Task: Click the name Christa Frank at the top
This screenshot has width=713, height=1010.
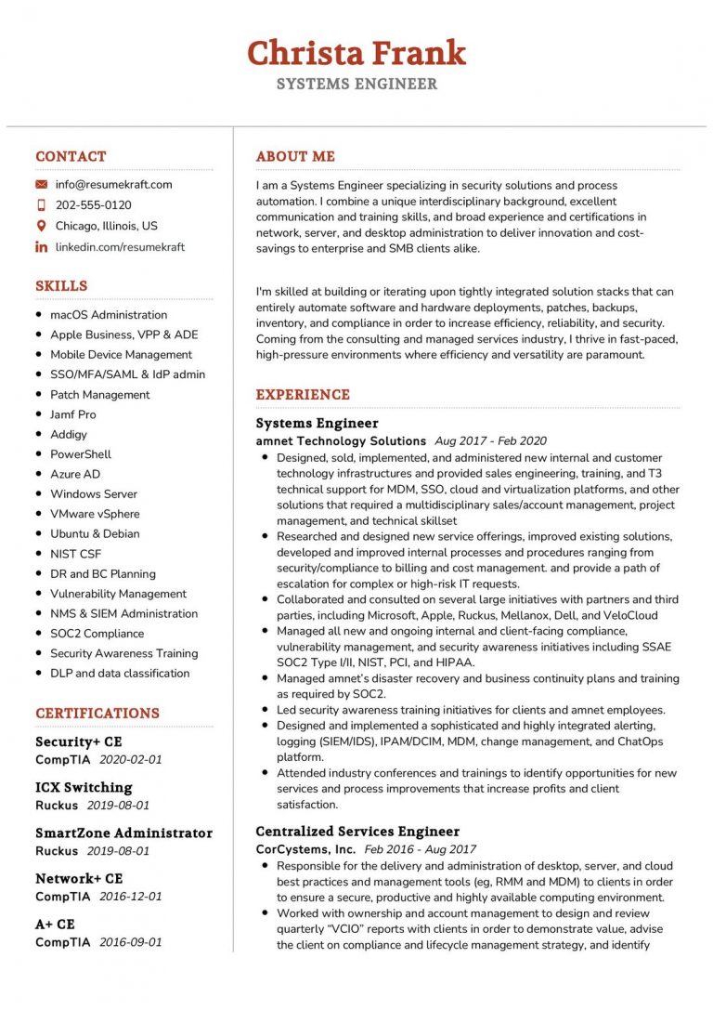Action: click(356, 53)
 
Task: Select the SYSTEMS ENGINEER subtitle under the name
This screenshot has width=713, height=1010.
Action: click(356, 85)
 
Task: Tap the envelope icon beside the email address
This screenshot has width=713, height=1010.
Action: click(41, 185)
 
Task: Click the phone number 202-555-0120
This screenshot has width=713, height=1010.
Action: click(93, 205)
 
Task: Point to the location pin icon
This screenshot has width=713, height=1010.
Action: click(41, 226)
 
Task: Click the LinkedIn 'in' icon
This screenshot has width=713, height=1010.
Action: click(41, 247)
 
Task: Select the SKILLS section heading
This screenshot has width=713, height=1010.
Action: click(61, 286)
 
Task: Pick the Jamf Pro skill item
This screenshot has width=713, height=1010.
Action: click(72, 414)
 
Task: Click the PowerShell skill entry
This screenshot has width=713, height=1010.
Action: click(80, 454)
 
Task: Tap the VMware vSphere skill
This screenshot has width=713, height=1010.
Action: click(95, 514)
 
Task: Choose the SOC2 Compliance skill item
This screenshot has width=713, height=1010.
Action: click(97, 634)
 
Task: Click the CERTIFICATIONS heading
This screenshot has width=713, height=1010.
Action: click(97, 714)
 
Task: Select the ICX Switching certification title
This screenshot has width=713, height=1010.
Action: click(84, 788)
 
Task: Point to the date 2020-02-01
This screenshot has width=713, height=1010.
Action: click(130, 759)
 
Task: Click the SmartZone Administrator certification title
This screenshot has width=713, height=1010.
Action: click(123, 833)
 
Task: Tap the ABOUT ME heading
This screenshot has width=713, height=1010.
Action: click(295, 157)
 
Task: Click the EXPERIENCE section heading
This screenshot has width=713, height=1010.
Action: click(303, 395)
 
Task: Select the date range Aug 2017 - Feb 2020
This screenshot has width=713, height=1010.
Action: click(490, 441)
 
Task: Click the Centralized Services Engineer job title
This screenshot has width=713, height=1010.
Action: click(357, 832)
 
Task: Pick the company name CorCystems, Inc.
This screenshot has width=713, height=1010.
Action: click(305, 849)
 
